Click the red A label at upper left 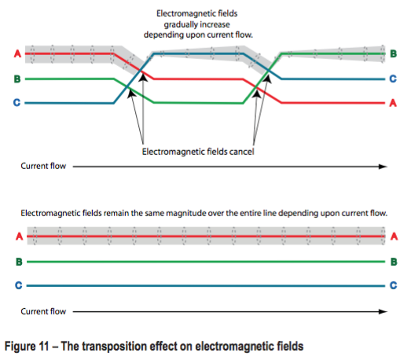[x=17, y=53]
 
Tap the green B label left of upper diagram [x=17, y=79]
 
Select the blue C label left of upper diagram [x=17, y=102]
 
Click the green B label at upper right [x=394, y=53]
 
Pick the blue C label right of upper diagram [x=394, y=79]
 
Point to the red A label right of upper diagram [x=394, y=103]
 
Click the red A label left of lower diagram [x=17, y=236]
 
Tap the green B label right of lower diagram [x=394, y=261]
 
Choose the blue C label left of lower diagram [x=17, y=285]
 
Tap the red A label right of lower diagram [x=394, y=236]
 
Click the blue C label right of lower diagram [x=394, y=285]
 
